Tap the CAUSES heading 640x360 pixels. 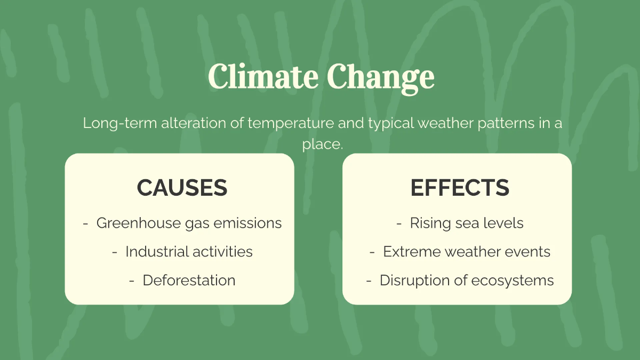point(182,188)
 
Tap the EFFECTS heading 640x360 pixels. point(460,188)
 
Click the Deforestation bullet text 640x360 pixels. point(189,280)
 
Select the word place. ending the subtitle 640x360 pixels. point(322,145)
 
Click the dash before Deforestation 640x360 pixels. point(132,281)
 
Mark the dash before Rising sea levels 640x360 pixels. point(399,223)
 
